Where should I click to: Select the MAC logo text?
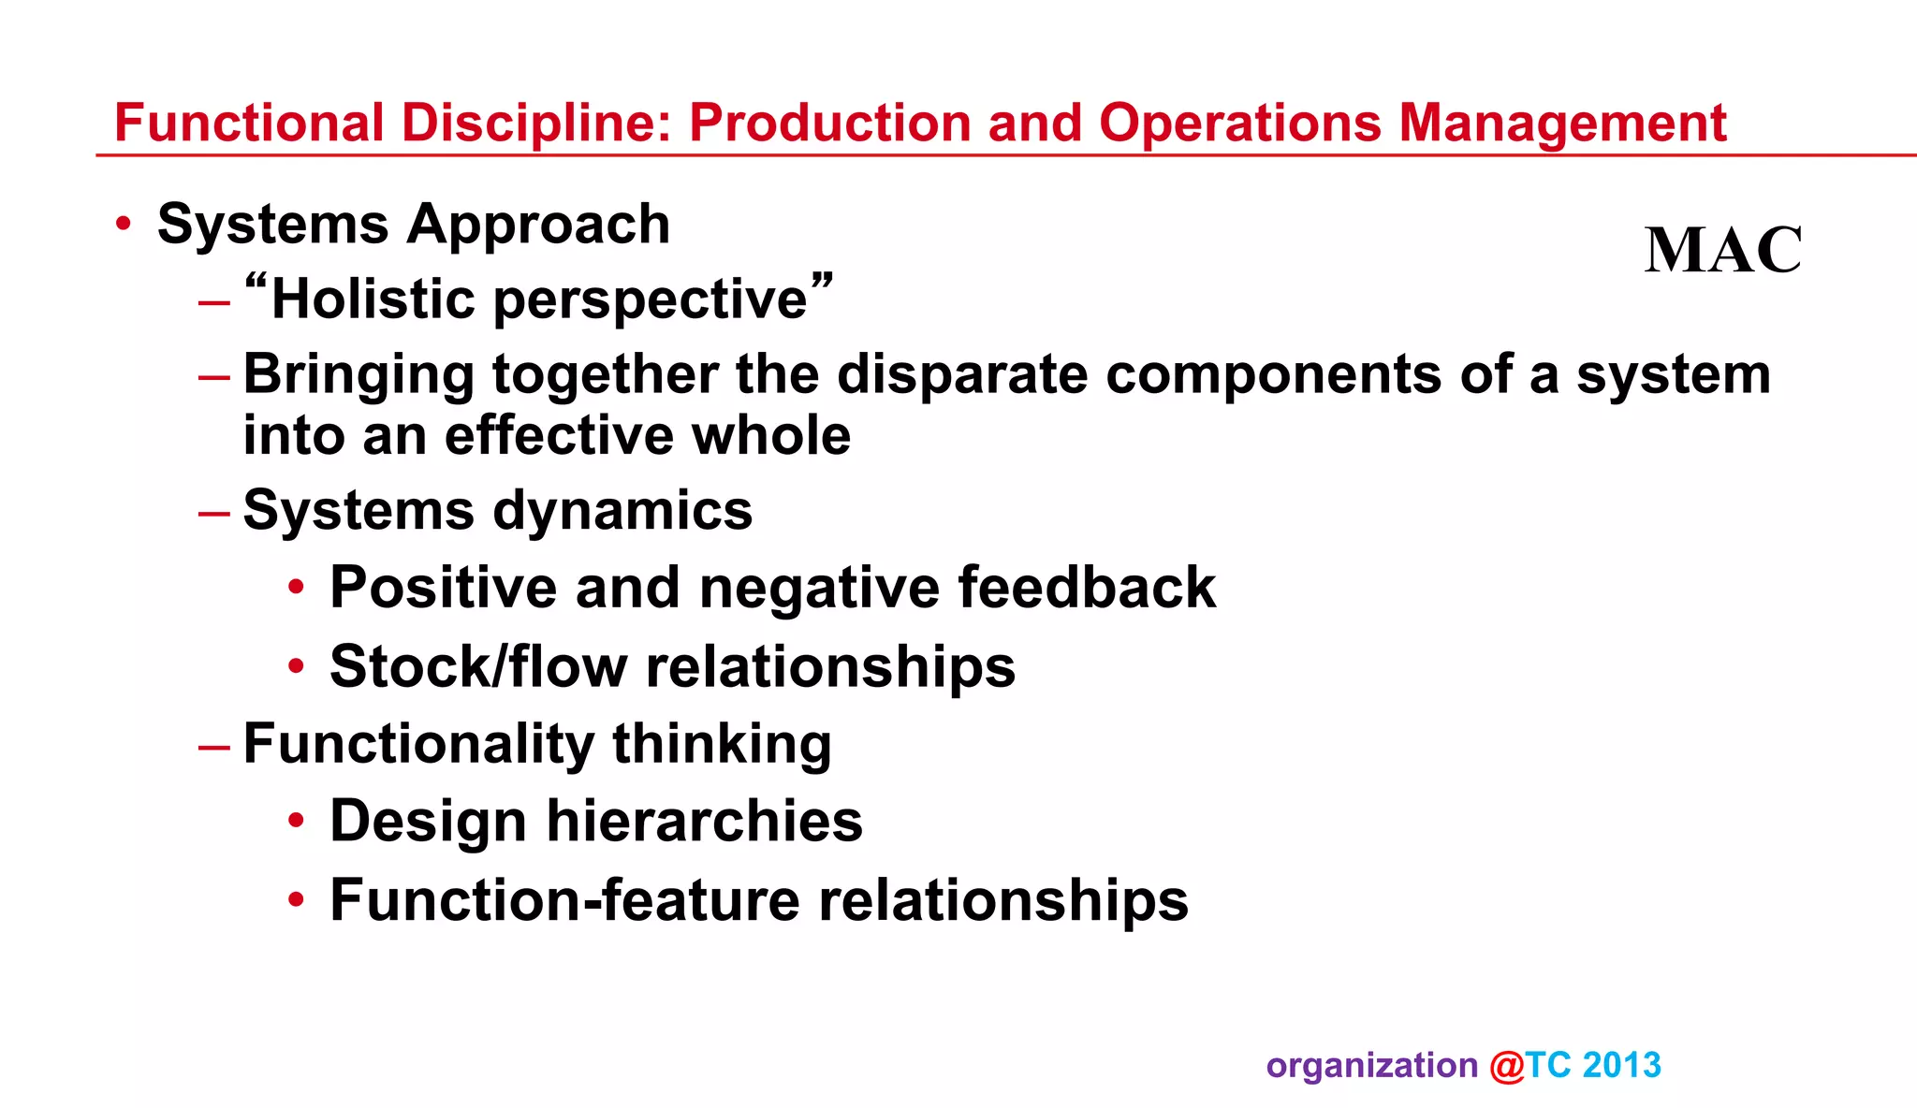[x=1722, y=250]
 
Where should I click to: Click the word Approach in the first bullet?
[x=538, y=225]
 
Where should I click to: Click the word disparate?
[x=962, y=374]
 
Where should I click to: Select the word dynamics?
[x=622, y=511]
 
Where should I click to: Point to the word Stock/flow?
[x=478, y=666]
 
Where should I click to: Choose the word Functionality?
[x=418, y=744]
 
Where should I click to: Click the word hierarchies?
[x=704, y=821]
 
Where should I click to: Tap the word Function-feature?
[x=564, y=900]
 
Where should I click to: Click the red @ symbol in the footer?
[x=1507, y=1066]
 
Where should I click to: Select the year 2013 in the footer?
[x=1622, y=1065]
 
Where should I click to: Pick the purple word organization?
[x=1371, y=1066]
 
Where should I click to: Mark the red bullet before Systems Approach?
[x=124, y=224]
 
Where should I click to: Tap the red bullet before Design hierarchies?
[x=297, y=821]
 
